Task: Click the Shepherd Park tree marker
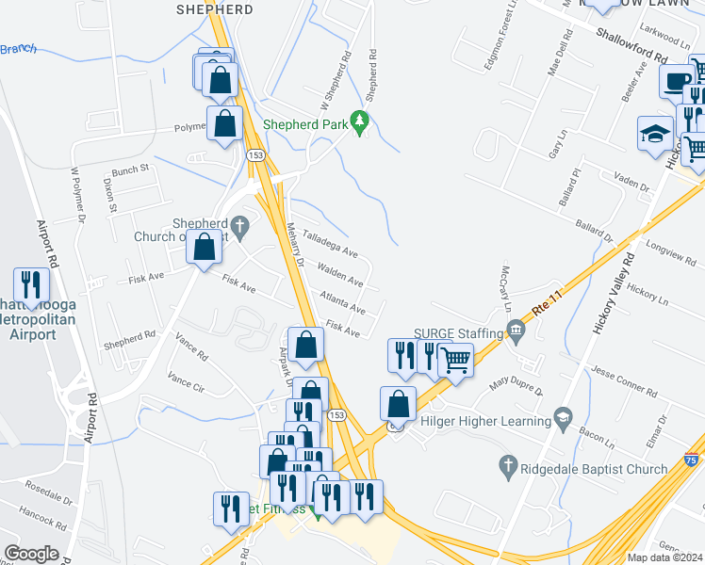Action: (358, 122)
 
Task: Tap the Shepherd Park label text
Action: (304, 123)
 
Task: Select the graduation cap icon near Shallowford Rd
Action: (655, 134)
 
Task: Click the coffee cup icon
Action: (676, 81)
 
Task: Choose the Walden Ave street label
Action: (340, 275)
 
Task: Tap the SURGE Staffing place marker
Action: (516, 330)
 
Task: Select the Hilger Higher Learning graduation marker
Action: (564, 416)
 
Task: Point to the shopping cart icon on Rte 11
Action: (455, 358)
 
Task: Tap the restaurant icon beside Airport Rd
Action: (31, 285)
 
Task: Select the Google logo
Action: (31, 554)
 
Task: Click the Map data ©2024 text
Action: (664, 557)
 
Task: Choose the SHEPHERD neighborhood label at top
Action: (215, 9)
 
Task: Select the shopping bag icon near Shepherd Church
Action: (205, 248)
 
